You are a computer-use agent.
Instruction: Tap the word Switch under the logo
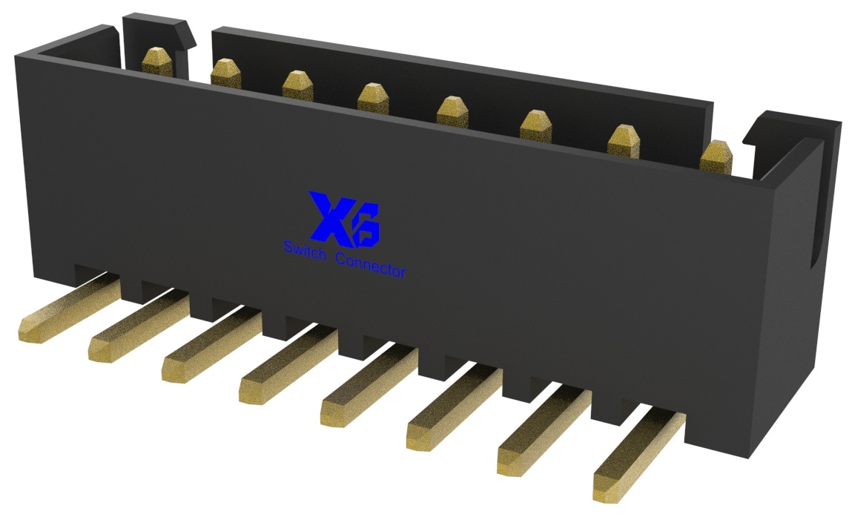(304, 248)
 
